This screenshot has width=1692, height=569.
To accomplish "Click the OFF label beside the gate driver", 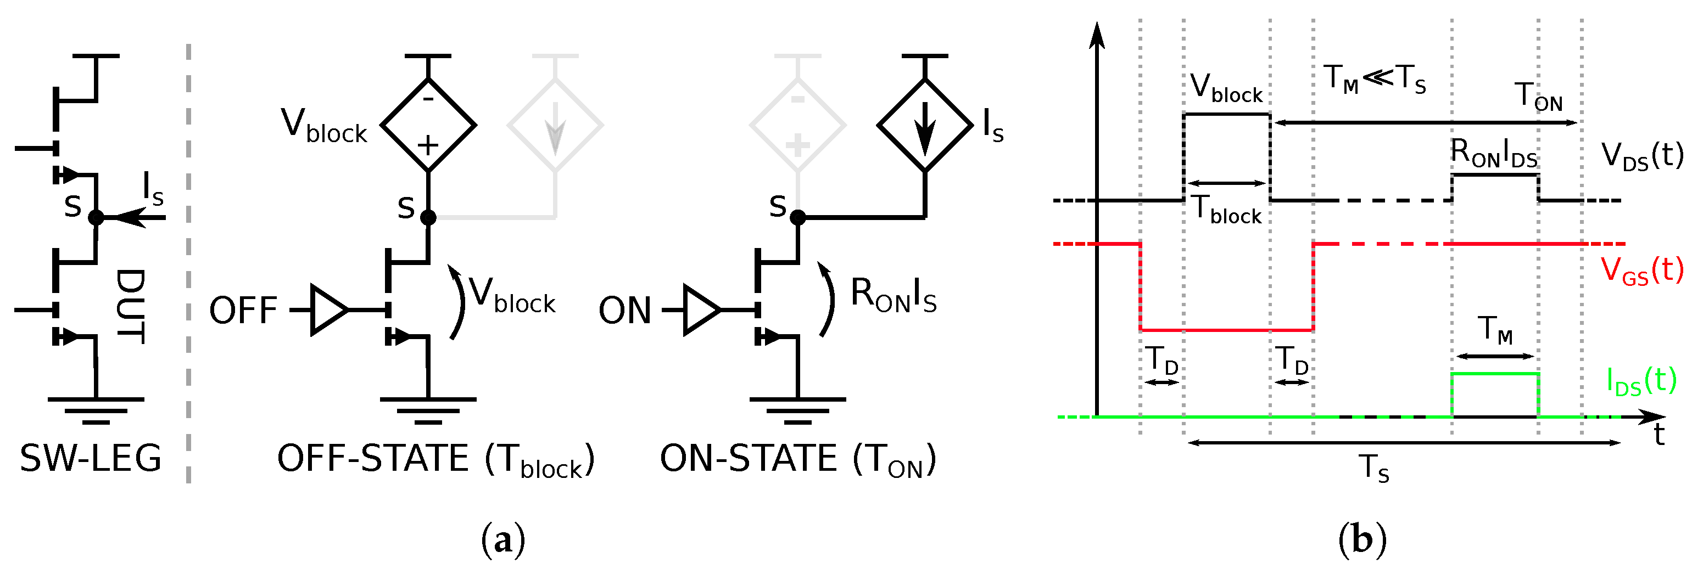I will [243, 311].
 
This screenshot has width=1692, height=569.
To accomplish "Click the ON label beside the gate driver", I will [624, 311].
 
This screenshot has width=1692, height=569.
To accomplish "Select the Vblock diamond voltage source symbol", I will [428, 125].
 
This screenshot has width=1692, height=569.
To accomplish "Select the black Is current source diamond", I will [924, 125].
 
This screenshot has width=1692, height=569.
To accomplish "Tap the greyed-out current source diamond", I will [555, 125].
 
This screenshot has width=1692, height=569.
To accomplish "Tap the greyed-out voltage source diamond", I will [797, 125].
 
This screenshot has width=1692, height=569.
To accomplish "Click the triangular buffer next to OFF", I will [328, 310].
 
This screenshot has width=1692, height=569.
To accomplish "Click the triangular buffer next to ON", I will [700, 310].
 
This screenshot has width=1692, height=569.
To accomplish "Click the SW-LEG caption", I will [91, 458].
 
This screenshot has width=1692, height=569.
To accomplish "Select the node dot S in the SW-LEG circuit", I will [96, 217].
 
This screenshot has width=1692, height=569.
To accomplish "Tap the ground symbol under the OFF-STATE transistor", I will [428, 410].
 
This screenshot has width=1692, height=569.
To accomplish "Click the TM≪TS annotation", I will [1375, 79].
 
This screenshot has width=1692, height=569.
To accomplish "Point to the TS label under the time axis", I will [1374, 468].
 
